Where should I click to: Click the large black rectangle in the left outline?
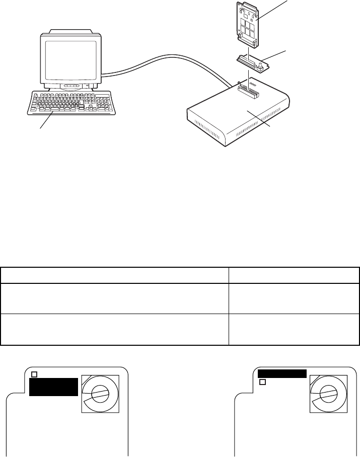[53, 387]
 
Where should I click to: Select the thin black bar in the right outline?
[282, 373]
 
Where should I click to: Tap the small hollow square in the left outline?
[34, 374]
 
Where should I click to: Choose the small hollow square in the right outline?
[262, 383]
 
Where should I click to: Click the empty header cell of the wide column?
[114, 275]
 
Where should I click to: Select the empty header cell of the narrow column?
[294, 275]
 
